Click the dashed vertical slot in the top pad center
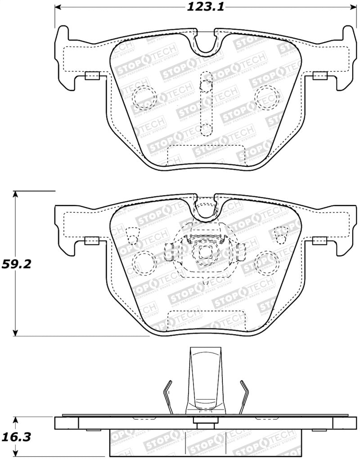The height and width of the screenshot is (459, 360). pyautogui.click(x=206, y=103)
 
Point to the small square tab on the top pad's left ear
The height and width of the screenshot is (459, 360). pyautogui.click(x=92, y=76)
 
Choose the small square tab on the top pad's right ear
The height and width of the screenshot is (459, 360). pyautogui.click(x=320, y=76)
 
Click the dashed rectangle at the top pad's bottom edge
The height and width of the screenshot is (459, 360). pyautogui.click(x=206, y=156)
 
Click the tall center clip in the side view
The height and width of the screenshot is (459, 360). pyautogui.click(x=206, y=380)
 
